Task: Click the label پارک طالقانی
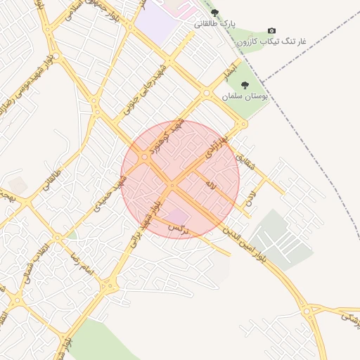point(214,24)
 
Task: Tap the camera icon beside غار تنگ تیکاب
point(271,32)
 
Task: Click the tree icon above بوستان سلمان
point(245,85)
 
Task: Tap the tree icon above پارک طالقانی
point(215,13)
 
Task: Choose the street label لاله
point(210,185)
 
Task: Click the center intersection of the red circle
point(172,185)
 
